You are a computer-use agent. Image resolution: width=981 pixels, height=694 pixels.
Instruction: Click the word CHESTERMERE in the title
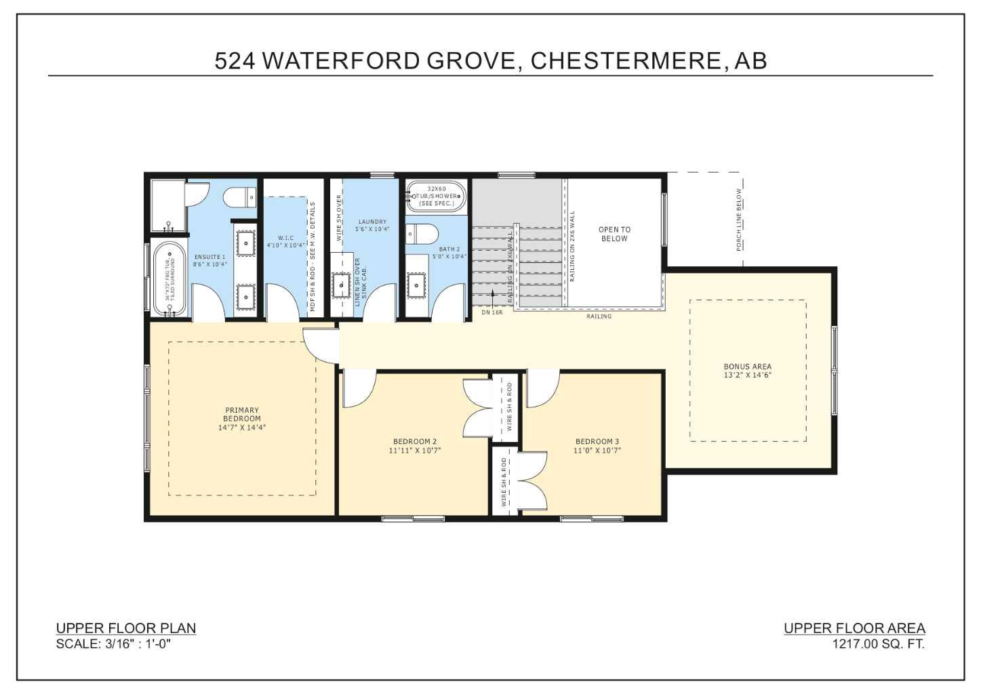click(x=625, y=61)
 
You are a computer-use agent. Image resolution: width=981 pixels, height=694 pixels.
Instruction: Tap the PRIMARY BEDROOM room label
click(x=242, y=418)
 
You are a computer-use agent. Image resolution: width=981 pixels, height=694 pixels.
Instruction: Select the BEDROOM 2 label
click(x=415, y=445)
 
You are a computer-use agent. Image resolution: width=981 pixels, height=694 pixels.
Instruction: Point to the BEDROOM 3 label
click(x=597, y=445)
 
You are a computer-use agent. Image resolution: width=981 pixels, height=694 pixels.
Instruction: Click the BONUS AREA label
click(x=747, y=371)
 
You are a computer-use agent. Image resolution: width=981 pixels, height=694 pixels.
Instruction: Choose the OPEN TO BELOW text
click(x=614, y=234)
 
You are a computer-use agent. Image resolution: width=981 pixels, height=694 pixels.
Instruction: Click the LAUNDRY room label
click(x=372, y=225)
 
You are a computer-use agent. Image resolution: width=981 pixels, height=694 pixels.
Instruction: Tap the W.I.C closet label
click(x=285, y=241)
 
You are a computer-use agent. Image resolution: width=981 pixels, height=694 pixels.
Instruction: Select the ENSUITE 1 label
click(x=209, y=260)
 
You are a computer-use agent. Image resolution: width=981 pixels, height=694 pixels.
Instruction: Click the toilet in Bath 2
click(x=422, y=234)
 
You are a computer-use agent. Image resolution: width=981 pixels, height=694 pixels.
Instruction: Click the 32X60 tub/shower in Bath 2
click(x=437, y=196)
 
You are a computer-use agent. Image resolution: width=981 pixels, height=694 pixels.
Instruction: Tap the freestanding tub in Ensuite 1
click(x=169, y=279)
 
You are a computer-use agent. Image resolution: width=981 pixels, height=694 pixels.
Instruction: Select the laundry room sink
click(x=340, y=285)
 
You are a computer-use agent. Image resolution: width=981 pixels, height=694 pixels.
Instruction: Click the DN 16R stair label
click(x=492, y=312)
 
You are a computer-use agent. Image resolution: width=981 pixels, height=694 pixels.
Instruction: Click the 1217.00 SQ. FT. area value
click(x=878, y=644)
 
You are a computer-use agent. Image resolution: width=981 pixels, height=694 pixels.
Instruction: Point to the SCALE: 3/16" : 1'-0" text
click(x=113, y=644)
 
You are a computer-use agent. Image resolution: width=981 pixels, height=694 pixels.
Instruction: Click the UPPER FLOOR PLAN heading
click(x=126, y=628)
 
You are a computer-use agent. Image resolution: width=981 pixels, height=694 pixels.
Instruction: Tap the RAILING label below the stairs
click(x=599, y=317)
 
